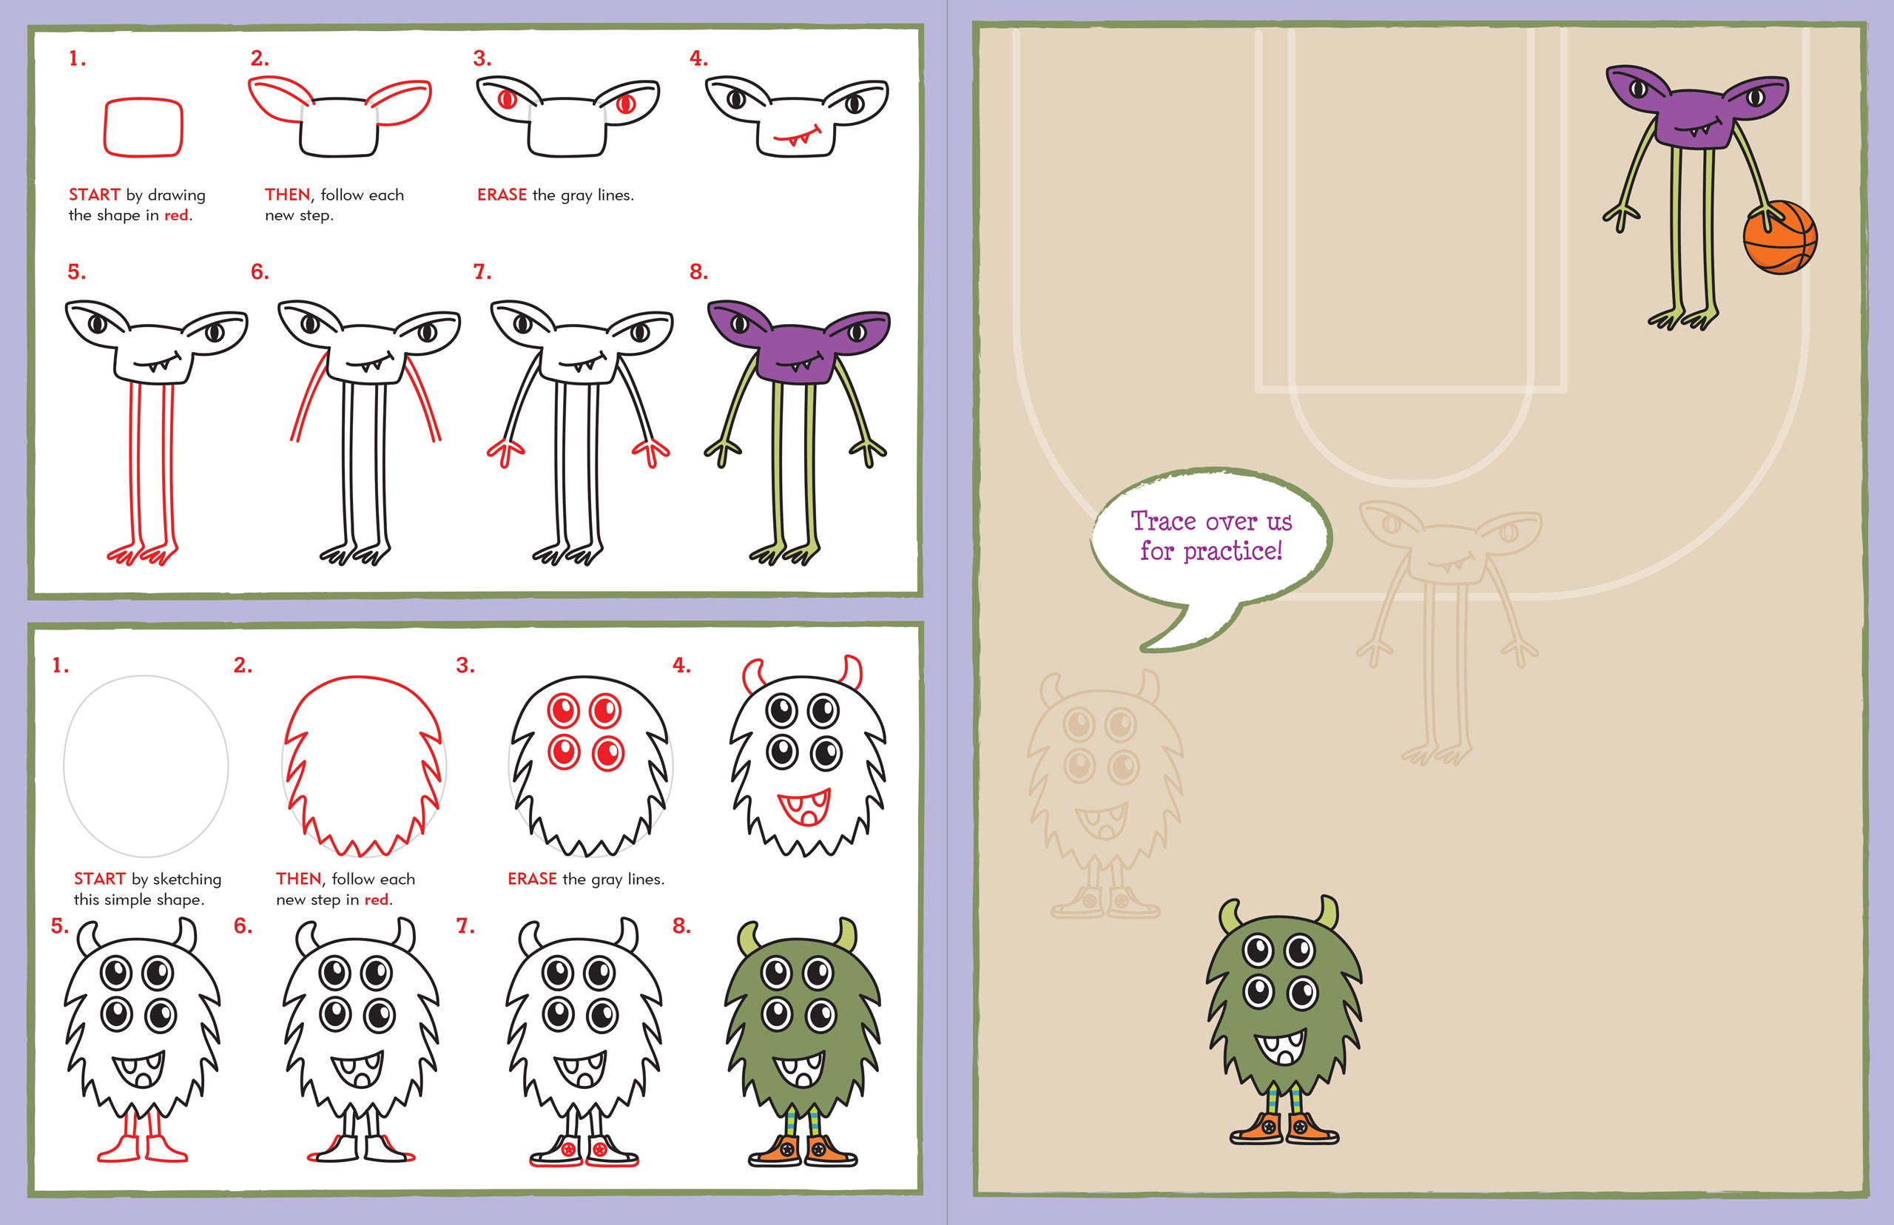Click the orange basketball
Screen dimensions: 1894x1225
pos(1780,237)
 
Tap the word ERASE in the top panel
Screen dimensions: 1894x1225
pos(502,195)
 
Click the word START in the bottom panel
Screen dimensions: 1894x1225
pos(99,879)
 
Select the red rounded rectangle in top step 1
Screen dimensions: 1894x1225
pos(144,126)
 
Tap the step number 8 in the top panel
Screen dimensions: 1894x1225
pos(698,272)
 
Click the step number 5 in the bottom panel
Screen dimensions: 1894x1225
pos(59,926)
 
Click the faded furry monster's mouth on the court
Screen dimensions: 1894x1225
pos(1101,822)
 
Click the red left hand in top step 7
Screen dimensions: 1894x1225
pos(505,452)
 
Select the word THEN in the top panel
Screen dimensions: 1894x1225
pos(287,195)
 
